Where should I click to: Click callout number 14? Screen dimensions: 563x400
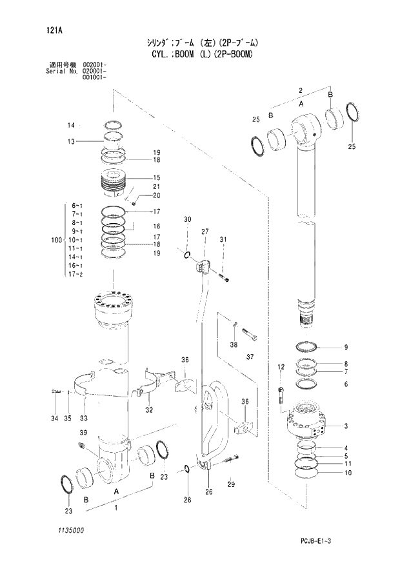coord(71,125)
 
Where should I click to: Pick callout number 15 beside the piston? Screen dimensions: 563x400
coord(156,177)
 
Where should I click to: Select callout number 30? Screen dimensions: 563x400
coord(187,221)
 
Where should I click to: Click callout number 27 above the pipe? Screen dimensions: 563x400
coord(205,232)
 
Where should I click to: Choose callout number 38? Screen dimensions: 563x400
coord(234,344)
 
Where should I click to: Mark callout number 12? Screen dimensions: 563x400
coord(281,367)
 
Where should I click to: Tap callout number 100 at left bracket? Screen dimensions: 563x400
coord(56,241)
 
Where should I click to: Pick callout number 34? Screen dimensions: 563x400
coord(54,419)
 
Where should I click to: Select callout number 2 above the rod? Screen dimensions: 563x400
coord(301,90)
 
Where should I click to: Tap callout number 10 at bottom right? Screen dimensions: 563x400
coord(348,473)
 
